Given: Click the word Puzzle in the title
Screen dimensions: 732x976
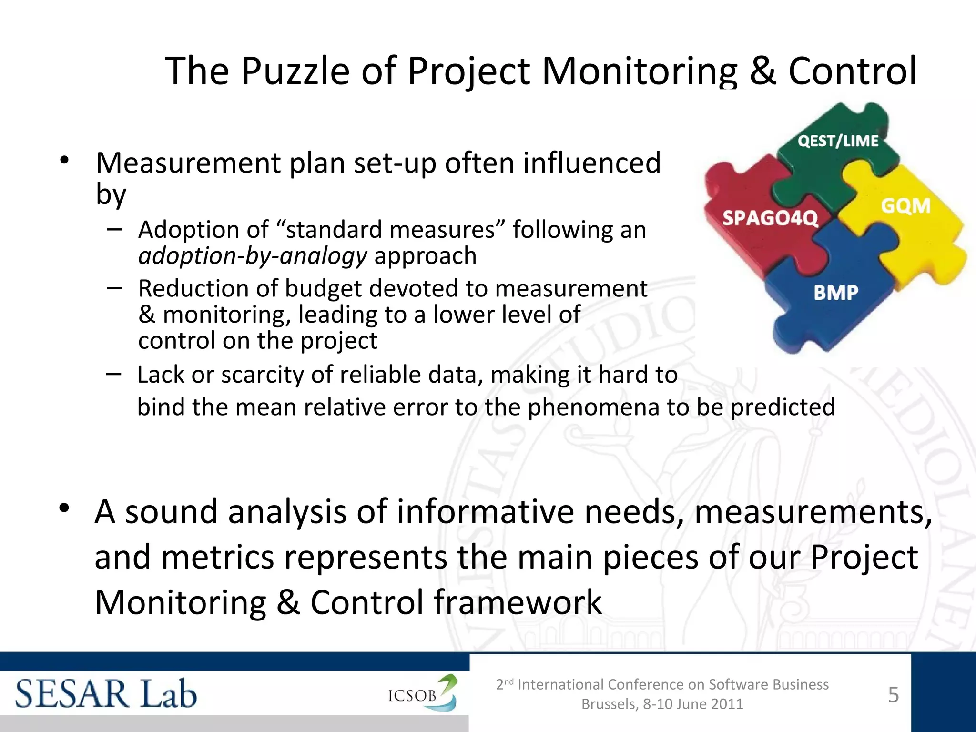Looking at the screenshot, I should pyautogui.click(x=295, y=71).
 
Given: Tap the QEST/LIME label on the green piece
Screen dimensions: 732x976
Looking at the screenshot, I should pyautogui.click(x=838, y=141).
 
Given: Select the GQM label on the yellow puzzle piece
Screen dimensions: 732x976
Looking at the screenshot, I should pyautogui.click(x=905, y=206).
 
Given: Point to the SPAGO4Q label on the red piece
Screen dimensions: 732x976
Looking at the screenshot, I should pyautogui.click(x=770, y=218).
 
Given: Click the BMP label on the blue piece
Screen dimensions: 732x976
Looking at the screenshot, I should pyautogui.click(x=836, y=292).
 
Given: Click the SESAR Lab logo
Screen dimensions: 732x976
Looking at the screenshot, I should pyautogui.click(x=106, y=694).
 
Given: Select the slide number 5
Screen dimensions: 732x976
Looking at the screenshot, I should pyautogui.click(x=894, y=695).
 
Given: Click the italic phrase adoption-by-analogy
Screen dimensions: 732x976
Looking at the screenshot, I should pyautogui.click(x=253, y=256).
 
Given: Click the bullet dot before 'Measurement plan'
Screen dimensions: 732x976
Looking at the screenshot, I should pyautogui.click(x=65, y=161).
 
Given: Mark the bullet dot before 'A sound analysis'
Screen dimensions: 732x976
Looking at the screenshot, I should pyautogui.click(x=65, y=508).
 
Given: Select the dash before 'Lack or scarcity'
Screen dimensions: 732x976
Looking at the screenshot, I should pyautogui.click(x=113, y=375).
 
